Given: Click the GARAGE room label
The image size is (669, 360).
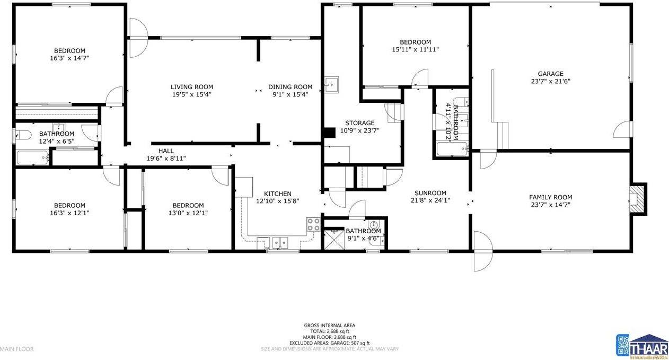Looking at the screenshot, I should tap(550, 74).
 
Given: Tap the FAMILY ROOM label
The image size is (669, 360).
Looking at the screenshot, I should tap(550, 197).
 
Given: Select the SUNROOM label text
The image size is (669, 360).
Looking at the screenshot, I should tap(430, 193).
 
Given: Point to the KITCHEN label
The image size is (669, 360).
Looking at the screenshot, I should tap(274, 194).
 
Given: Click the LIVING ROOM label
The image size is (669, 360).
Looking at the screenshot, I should tap(192, 87).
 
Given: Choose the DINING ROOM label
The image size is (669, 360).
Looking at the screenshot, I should tap(290, 87).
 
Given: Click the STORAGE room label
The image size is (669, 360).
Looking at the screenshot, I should tap(360, 123).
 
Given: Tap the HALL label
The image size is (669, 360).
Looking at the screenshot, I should tap(166, 151).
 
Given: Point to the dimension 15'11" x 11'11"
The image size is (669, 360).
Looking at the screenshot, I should tap(415, 49).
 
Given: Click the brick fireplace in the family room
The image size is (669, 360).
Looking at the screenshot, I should tap(637, 199).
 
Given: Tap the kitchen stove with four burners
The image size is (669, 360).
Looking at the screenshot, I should tap(313, 224).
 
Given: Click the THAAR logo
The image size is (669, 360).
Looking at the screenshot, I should tap(641, 345).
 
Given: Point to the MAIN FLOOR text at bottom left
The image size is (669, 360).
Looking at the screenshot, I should tap(16, 349).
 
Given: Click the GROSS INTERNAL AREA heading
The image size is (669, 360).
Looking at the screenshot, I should tap(329, 326).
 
